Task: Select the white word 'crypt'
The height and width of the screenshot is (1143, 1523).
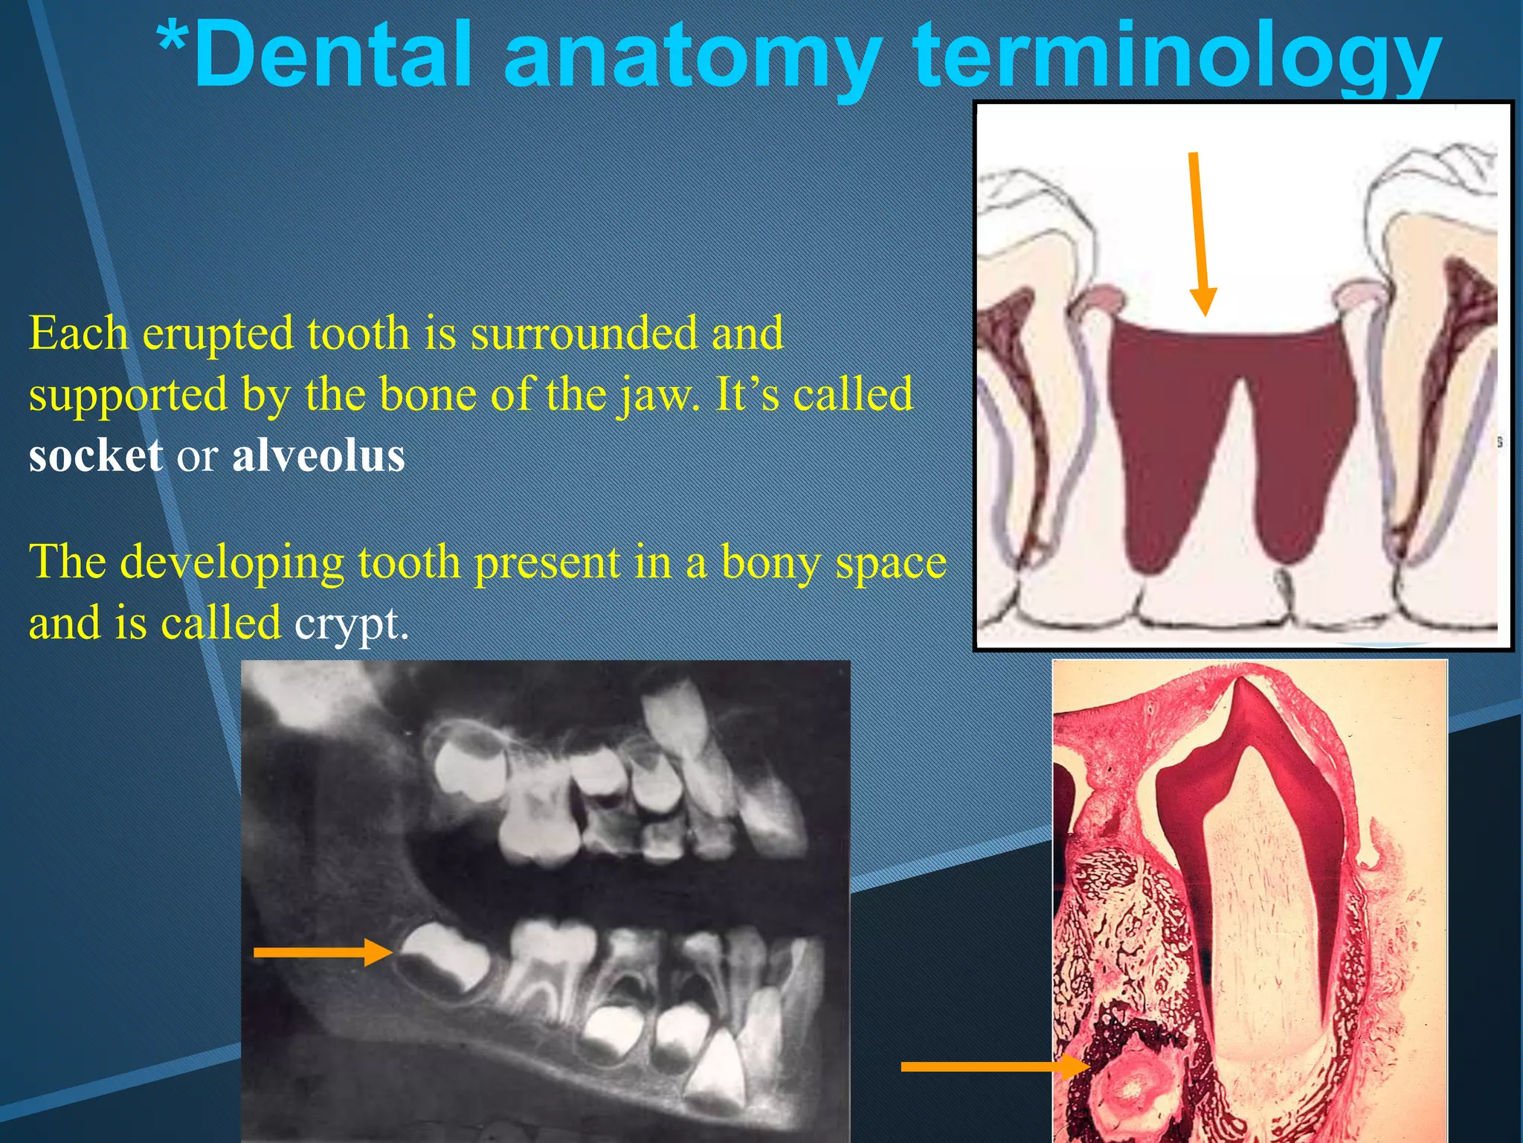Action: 350,624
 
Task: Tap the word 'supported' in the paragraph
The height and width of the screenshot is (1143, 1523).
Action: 128,395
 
